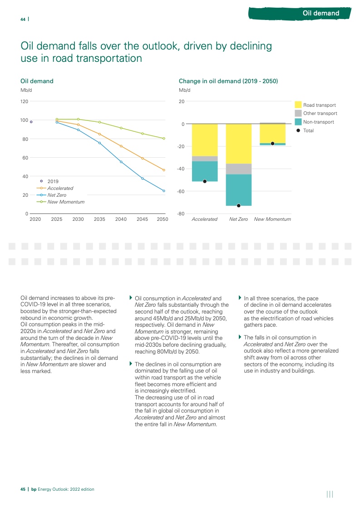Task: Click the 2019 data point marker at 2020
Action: click(31, 122)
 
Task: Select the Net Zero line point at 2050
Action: click(164, 191)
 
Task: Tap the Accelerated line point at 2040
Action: click(121, 146)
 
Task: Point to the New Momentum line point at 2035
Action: click(100, 122)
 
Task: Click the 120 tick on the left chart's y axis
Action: click(25, 102)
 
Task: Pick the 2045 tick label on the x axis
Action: click(142, 219)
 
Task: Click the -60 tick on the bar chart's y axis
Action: click(181, 191)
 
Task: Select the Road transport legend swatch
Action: click(298, 105)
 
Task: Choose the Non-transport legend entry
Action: click(318, 122)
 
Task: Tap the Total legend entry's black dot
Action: click(298, 130)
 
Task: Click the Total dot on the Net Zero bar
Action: click(238, 206)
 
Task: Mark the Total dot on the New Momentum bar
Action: click(272, 144)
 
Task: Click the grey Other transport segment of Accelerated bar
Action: click(204, 159)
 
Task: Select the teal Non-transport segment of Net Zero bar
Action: click(238, 190)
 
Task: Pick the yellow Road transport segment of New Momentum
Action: click(272, 134)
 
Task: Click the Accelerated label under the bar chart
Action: click(204, 219)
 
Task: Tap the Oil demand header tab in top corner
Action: click(321, 13)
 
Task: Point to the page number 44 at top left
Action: click(23, 19)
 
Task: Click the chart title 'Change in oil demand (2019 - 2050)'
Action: click(228, 81)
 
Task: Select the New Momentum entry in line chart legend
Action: click(66, 202)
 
